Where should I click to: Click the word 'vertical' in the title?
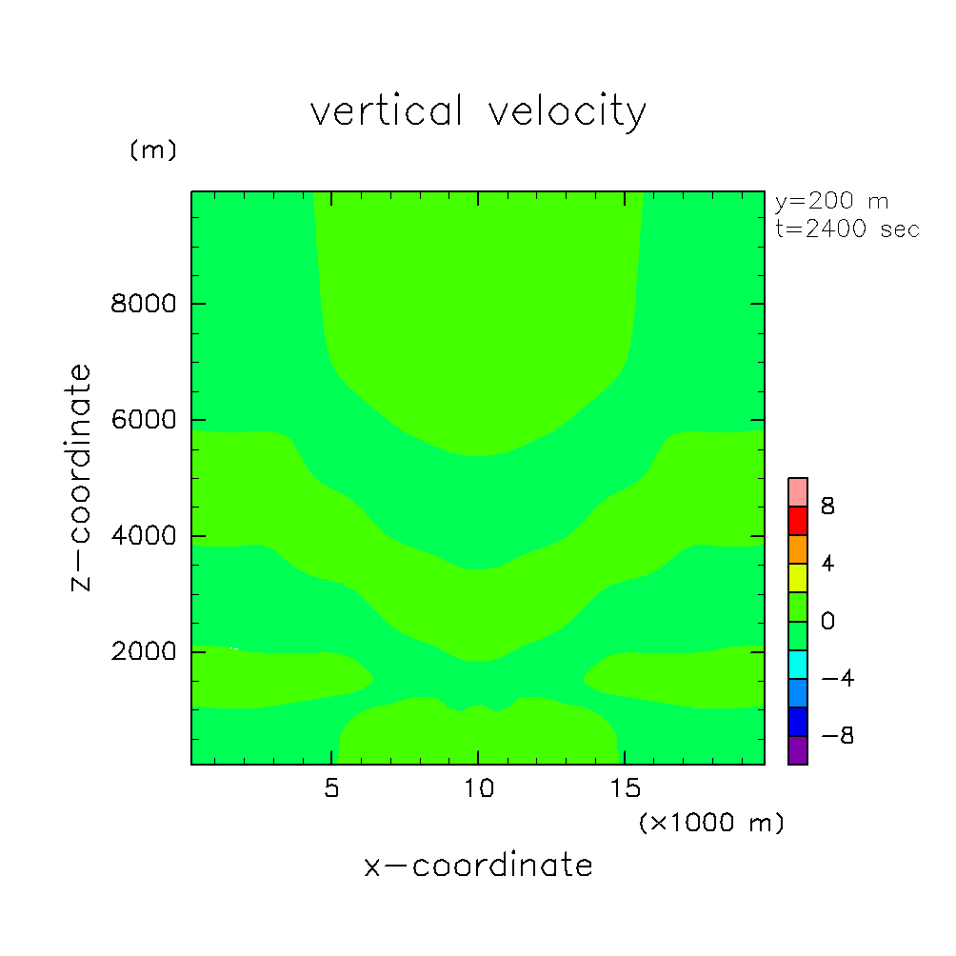(x=386, y=112)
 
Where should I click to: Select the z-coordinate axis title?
(x=82, y=477)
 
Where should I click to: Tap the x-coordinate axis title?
(x=478, y=866)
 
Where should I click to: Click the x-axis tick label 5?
(x=331, y=788)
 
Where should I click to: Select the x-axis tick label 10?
(x=478, y=788)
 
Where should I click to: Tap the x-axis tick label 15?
(x=625, y=788)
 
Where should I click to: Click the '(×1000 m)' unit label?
(x=710, y=823)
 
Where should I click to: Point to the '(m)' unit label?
(x=152, y=150)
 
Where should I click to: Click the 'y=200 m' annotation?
(x=830, y=202)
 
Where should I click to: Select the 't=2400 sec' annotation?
(x=847, y=229)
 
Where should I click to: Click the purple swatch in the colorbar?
(x=798, y=750)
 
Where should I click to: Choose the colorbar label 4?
(x=827, y=564)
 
